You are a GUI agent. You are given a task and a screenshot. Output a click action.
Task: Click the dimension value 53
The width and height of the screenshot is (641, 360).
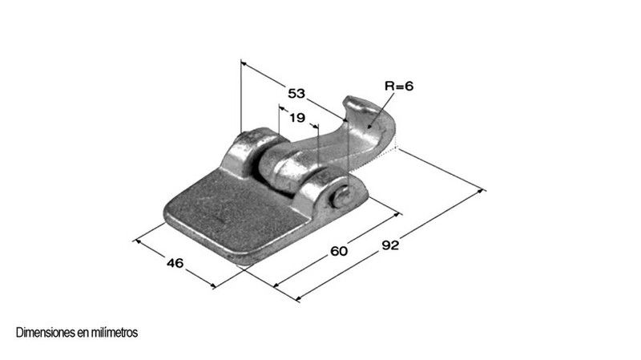click(296, 93)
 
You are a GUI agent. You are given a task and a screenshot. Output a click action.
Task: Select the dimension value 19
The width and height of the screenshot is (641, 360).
click(297, 118)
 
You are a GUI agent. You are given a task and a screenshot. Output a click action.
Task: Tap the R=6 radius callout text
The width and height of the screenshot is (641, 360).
click(399, 86)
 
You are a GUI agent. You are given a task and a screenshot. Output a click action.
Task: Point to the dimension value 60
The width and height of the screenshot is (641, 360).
click(339, 251)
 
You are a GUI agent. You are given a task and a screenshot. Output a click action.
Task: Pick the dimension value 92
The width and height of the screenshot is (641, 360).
click(390, 245)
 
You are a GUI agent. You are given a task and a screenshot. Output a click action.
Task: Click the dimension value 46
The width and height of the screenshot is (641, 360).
click(175, 263)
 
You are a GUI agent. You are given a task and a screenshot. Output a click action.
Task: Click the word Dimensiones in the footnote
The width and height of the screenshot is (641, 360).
click(46, 333)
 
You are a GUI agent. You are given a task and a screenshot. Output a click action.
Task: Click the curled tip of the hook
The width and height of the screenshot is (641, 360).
click(355, 103)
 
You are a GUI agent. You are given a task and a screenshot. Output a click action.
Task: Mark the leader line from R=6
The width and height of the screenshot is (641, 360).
click(381, 111)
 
